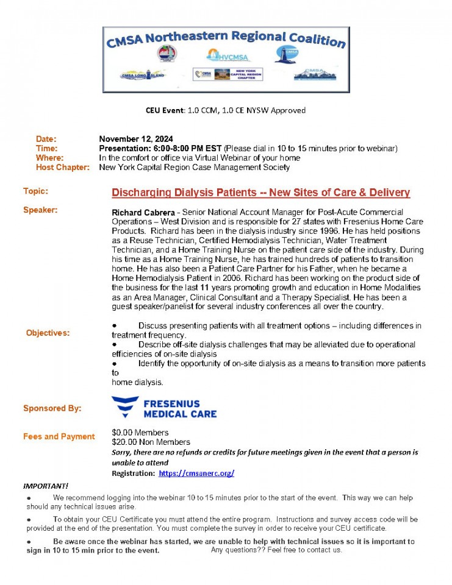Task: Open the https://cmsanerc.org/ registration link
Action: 196,473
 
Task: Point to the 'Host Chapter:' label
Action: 62,167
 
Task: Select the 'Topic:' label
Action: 35,191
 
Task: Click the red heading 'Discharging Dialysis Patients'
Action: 260,193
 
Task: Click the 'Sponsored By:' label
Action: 52,408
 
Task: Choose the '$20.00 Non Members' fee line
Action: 151,442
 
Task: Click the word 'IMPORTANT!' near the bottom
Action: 46,486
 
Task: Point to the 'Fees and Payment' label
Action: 59,436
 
